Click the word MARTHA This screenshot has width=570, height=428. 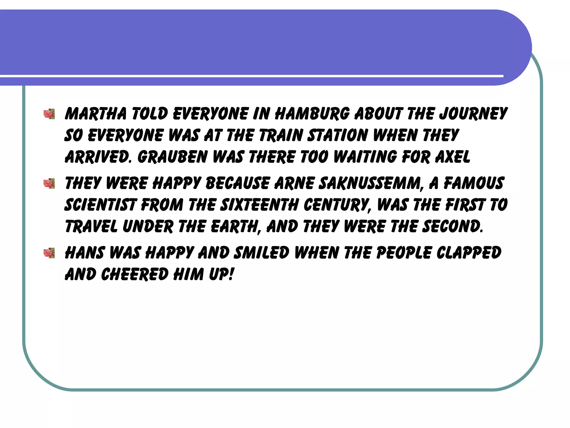coord(95,114)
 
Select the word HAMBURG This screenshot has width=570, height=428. coord(312,114)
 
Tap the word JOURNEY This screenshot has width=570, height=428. coord(473,114)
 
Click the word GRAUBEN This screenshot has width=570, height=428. coord(173,157)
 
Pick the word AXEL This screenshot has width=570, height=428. coord(453,157)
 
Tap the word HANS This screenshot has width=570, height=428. coord(85,253)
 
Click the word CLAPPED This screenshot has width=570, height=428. coord(469,253)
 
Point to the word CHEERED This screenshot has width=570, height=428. coord(135,274)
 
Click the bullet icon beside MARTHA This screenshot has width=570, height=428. coord(49,114)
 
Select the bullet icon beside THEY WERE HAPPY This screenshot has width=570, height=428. coord(49,184)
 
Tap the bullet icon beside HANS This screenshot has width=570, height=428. coord(49,253)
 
